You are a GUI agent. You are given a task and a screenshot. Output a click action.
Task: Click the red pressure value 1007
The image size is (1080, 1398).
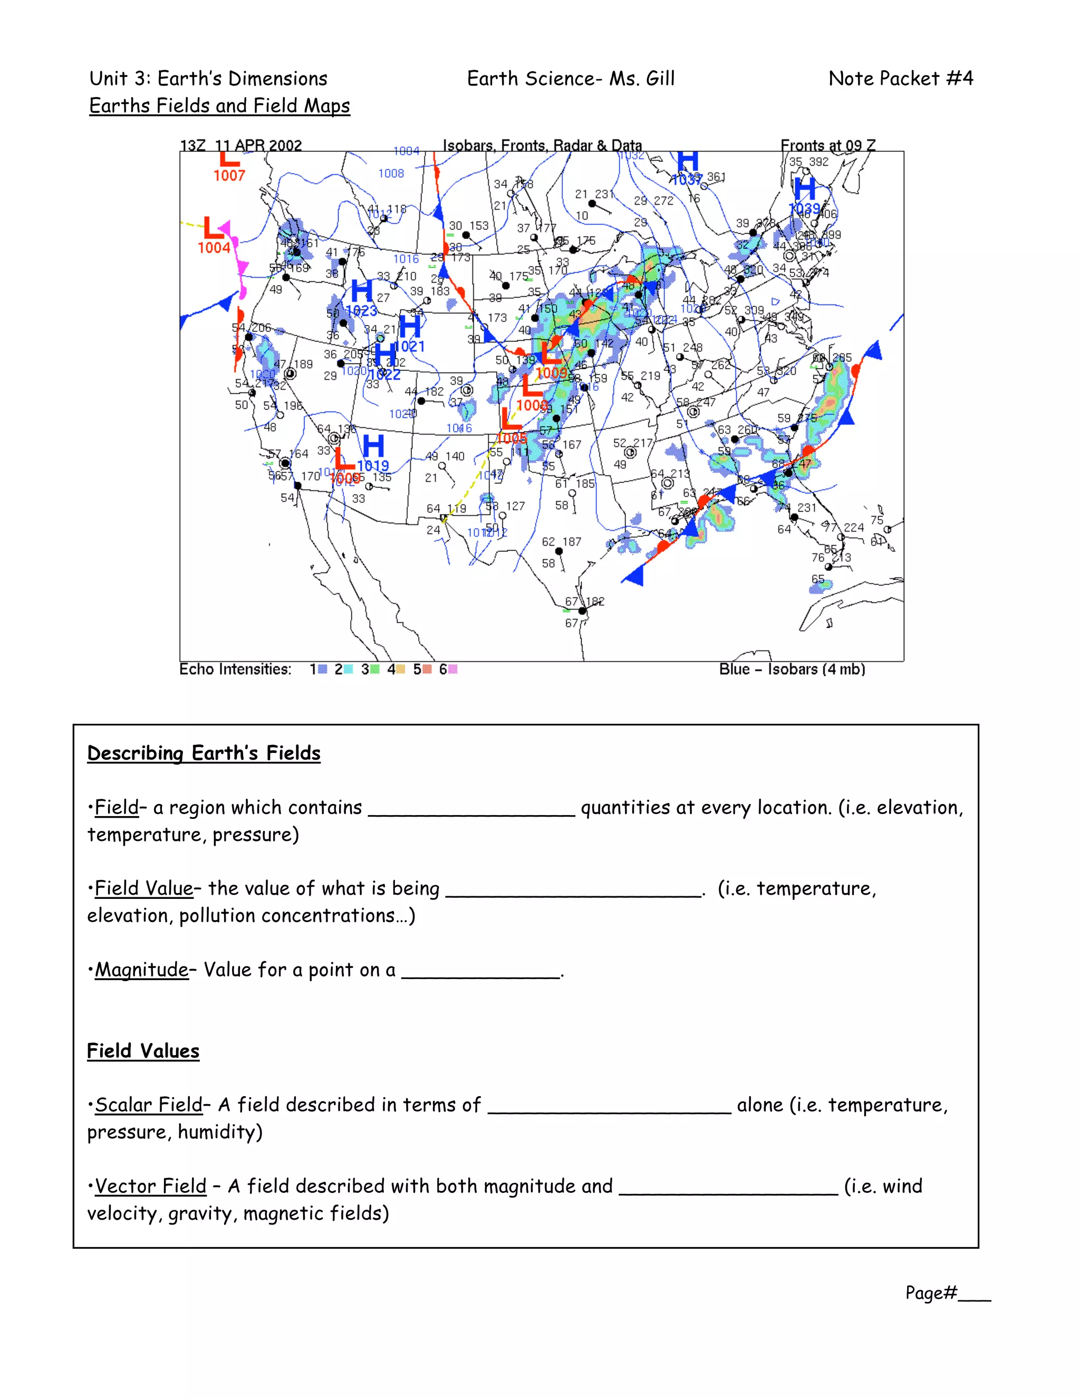pos(229,175)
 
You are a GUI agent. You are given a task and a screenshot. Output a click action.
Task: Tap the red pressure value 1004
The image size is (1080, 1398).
pos(214,248)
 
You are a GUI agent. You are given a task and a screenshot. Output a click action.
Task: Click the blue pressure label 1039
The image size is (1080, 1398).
pos(804,209)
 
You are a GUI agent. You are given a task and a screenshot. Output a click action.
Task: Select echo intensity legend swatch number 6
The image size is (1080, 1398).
pos(452,669)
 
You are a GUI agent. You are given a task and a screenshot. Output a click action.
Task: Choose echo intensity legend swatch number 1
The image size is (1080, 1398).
pos(323,669)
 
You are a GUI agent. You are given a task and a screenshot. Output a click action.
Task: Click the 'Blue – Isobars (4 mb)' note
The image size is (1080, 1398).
pos(792,669)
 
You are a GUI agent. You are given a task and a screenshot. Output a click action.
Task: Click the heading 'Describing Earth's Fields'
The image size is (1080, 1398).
pos(204,753)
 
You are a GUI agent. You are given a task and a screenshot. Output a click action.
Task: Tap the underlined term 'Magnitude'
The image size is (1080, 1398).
pos(141,970)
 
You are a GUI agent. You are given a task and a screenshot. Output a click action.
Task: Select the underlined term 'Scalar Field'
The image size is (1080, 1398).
pos(148,1105)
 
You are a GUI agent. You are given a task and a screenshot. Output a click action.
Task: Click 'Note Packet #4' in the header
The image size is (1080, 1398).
pos(900,79)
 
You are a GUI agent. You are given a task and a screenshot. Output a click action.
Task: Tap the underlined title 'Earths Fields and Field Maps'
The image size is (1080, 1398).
pos(219,106)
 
